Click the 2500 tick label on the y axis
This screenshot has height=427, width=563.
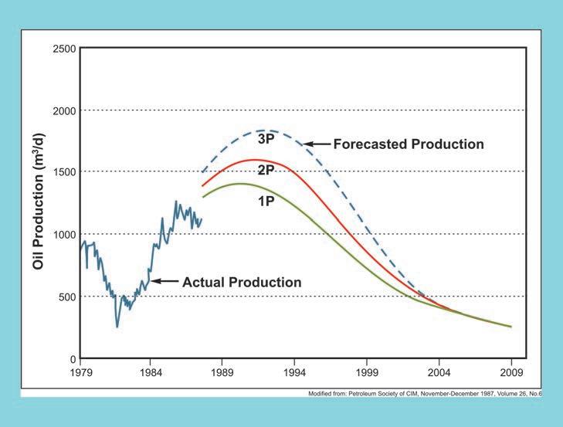click(65, 49)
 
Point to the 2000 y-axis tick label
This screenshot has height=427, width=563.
click(65, 111)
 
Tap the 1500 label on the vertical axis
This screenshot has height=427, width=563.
click(65, 172)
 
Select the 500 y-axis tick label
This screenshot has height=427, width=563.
click(67, 297)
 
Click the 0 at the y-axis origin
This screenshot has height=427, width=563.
click(73, 359)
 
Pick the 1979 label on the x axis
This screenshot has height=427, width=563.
click(81, 373)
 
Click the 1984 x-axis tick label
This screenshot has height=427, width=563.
click(151, 373)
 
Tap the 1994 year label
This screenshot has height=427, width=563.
click(294, 373)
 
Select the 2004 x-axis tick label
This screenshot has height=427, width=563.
click(439, 373)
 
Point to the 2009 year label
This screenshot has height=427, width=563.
click(512, 373)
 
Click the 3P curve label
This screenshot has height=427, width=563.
click(266, 139)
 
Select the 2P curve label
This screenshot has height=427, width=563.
click(266, 170)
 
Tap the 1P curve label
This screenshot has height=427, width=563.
click(266, 202)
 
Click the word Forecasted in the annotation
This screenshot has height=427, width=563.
click(370, 144)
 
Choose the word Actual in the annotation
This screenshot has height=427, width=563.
click(202, 283)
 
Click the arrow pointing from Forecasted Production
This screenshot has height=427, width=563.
click(317, 144)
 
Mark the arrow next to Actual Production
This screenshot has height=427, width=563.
click(164, 281)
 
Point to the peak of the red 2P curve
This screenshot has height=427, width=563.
click(254, 160)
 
